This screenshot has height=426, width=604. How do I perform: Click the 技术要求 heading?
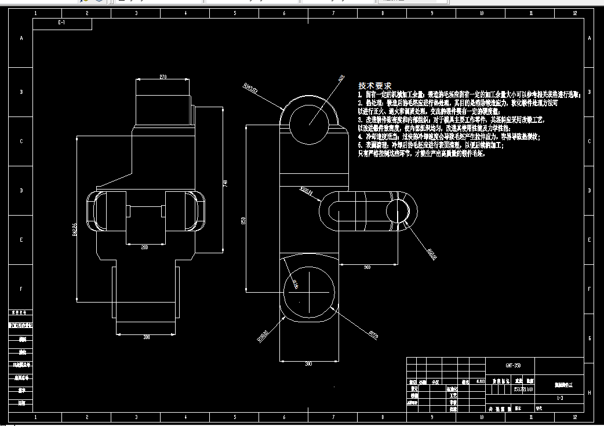[374, 85]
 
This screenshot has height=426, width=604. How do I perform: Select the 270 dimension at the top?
[163, 77]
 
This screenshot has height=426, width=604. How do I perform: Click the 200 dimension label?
[144, 246]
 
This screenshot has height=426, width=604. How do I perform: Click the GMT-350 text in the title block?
[512, 366]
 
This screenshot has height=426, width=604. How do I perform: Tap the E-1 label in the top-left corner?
[61, 23]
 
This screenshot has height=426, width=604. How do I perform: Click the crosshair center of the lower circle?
[310, 288]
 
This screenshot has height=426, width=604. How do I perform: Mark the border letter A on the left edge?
[21, 39]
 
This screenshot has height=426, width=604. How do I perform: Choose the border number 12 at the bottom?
[574, 417]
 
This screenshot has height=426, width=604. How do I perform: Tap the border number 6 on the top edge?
[284, 13]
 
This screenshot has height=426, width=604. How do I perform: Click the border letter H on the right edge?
[590, 392]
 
